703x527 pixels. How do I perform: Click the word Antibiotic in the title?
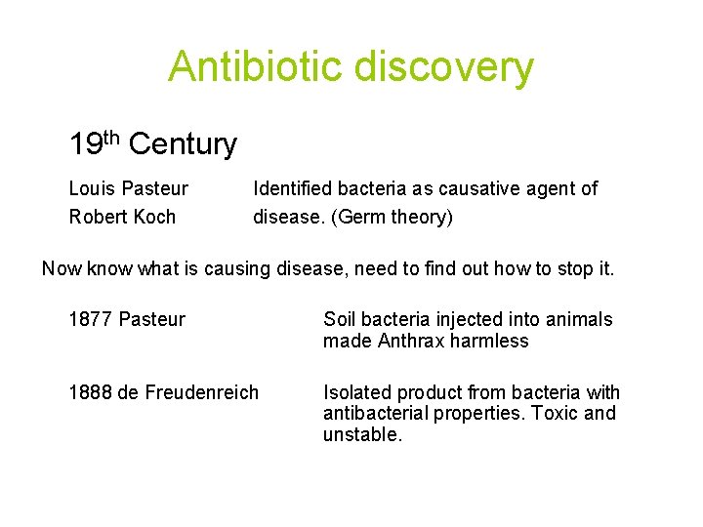[x=255, y=67]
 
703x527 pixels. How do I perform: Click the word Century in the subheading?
[x=183, y=145]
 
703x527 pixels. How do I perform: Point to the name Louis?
[x=91, y=188]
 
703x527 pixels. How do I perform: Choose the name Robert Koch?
[x=122, y=217]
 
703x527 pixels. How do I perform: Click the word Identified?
[x=291, y=188]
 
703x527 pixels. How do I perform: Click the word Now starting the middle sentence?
[x=62, y=268]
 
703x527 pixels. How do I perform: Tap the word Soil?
[x=340, y=319]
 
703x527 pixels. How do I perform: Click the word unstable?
[x=361, y=434]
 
